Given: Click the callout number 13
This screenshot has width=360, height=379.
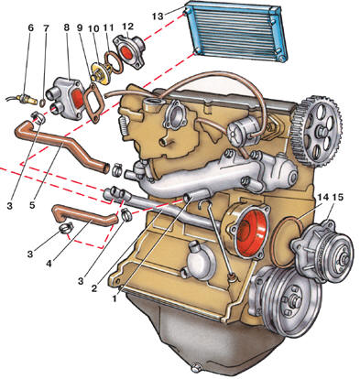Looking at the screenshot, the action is (x=158, y=16).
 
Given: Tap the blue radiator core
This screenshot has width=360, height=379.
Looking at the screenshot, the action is (x=237, y=31).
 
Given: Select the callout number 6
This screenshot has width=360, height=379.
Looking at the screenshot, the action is (x=30, y=27).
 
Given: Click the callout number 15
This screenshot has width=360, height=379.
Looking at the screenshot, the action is (x=338, y=198).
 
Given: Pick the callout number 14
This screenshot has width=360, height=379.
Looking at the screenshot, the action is (x=322, y=198).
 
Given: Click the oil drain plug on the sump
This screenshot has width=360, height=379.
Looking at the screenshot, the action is (x=197, y=367).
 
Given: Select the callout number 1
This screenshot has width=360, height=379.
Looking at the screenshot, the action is (x=115, y=298).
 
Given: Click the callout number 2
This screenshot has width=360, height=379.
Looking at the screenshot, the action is (x=94, y=288).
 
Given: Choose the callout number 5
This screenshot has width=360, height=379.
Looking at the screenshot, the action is (x=32, y=205).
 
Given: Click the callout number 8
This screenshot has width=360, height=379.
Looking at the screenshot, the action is (x=67, y=27).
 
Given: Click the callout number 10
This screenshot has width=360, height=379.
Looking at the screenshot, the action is (x=93, y=28).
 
